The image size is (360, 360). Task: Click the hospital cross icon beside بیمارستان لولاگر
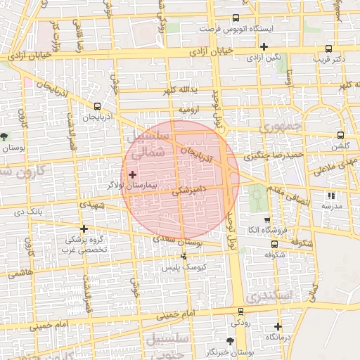132,173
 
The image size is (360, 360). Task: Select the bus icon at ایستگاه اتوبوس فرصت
236,19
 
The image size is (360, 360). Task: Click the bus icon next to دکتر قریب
330,49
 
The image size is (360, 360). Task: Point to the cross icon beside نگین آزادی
263,46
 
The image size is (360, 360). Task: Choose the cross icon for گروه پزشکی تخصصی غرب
84,229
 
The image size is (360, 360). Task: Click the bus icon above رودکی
241,311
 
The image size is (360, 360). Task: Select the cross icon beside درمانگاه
278,326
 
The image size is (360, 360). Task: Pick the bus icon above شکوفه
274,245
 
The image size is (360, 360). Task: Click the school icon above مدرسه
330,196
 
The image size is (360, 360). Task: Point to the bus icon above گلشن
340,136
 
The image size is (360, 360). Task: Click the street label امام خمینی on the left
49,325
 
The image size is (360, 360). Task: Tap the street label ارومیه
189,110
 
